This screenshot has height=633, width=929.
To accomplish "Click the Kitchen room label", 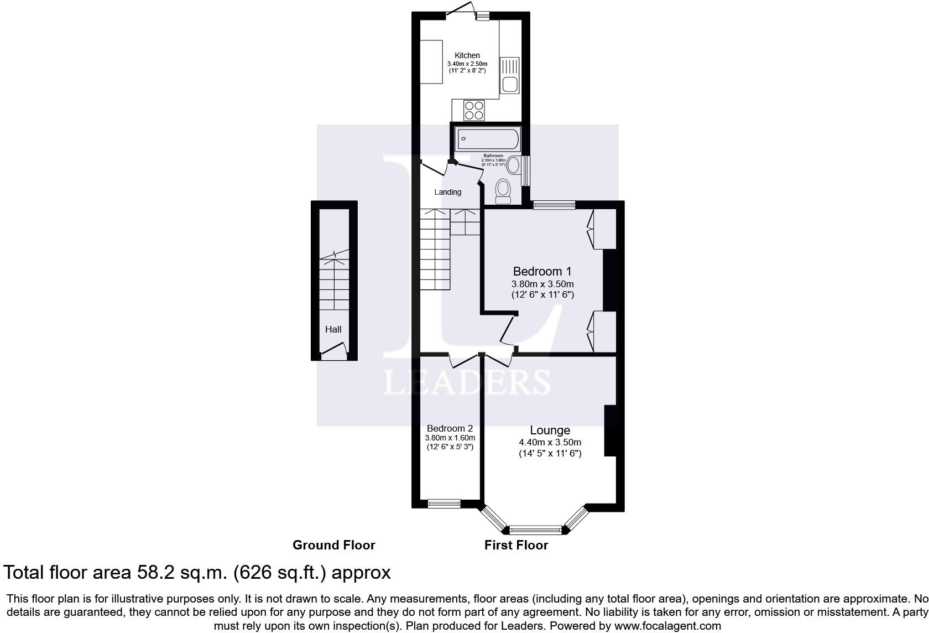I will click(467, 55).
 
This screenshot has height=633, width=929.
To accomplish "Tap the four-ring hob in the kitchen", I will click(474, 110).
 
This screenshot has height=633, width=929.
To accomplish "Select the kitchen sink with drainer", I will click(509, 76).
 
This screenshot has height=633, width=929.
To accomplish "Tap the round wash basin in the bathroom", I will click(514, 164).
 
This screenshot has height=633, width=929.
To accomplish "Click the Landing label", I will click(447, 192).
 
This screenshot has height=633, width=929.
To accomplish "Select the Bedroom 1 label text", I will click(542, 271).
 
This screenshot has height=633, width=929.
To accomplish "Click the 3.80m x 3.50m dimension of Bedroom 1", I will click(542, 284).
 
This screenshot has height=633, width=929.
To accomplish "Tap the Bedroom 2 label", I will click(450, 428).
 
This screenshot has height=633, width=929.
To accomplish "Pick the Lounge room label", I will click(550, 430).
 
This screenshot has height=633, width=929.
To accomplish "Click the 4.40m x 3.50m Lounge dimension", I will click(550, 443).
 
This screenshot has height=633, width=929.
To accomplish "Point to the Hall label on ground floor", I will click(333, 329).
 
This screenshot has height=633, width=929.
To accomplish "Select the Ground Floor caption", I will click(334, 545).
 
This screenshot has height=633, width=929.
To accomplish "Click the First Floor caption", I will click(516, 545).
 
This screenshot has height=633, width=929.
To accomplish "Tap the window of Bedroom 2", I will click(444, 504).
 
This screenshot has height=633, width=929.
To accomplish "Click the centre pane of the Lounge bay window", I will click(535, 530).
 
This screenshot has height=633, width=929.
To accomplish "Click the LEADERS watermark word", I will click(467, 382).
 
